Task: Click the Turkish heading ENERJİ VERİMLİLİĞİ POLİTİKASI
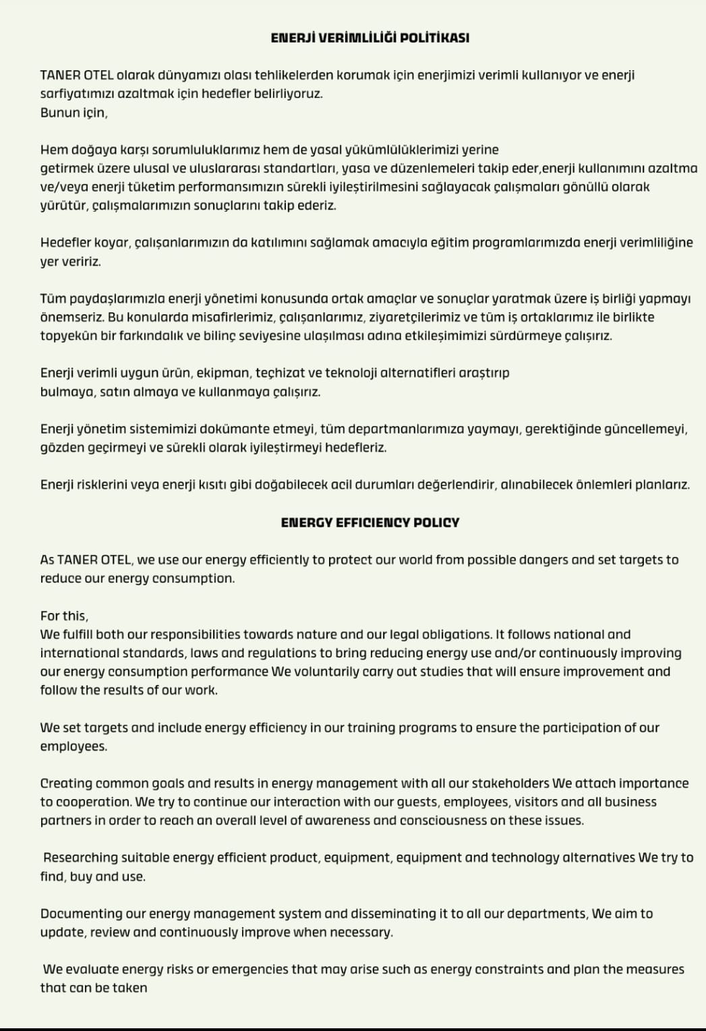(370, 38)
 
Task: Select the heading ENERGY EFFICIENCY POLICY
(370, 523)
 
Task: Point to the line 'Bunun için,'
(73, 113)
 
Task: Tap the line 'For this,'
(64, 616)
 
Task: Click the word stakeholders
(510, 784)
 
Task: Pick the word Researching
(80, 858)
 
